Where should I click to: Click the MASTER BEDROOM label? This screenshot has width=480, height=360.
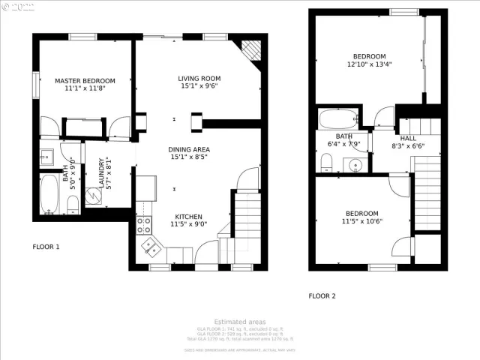pyautogui.click(x=85, y=80)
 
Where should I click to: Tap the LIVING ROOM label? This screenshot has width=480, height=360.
pyautogui.click(x=199, y=78)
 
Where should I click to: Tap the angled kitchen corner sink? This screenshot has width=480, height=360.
pyautogui.click(x=150, y=245)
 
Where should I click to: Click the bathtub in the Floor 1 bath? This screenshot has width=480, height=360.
pyautogui.click(x=50, y=194)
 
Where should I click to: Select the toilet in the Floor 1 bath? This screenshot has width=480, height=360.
pyautogui.click(x=71, y=204)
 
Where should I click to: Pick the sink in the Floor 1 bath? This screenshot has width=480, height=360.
pyautogui.click(x=46, y=157)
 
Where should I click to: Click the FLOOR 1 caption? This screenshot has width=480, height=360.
pyautogui.click(x=46, y=247)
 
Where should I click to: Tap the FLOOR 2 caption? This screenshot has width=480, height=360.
pyautogui.click(x=322, y=295)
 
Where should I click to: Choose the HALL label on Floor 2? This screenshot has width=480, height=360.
pyautogui.click(x=407, y=138)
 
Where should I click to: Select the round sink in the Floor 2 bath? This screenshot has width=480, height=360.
pyautogui.click(x=355, y=164)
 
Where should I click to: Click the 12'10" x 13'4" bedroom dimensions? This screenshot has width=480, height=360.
pyautogui.click(x=369, y=65)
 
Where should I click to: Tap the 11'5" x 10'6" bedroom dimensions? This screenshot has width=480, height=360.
pyautogui.click(x=361, y=221)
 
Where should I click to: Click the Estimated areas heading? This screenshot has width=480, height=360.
pyautogui.click(x=239, y=322)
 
